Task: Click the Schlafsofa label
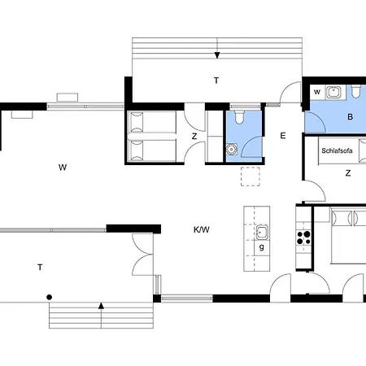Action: (x=337, y=150)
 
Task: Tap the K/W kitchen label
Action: (x=202, y=230)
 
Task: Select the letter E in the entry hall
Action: (x=283, y=136)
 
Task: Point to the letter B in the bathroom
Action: (x=351, y=117)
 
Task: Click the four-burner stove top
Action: (x=303, y=237)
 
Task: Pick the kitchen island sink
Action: (x=262, y=233)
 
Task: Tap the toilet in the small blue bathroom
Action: (x=239, y=116)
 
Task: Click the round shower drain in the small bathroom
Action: (x=231, y=149)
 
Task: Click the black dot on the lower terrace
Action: (x=49, y=298)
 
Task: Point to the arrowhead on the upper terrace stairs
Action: (x=217, y=55)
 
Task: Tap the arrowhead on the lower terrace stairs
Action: (x=101, y=306)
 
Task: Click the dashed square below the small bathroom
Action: (x=251, y=176)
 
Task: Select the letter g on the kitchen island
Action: (x=262, y=247)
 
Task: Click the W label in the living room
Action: (x=63, y=168)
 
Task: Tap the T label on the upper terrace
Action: (x=216, y=81)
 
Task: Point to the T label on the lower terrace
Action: (x=40, y=268)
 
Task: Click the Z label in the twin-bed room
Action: (x=194, y=136)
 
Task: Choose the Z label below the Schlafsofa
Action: (x=348, y=173)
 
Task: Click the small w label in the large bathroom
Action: (x=317, y=92)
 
